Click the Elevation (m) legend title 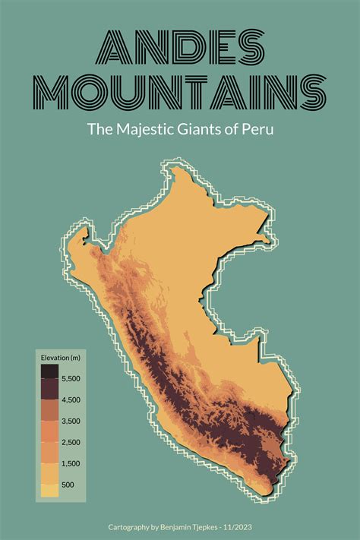(x=61, y=358)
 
